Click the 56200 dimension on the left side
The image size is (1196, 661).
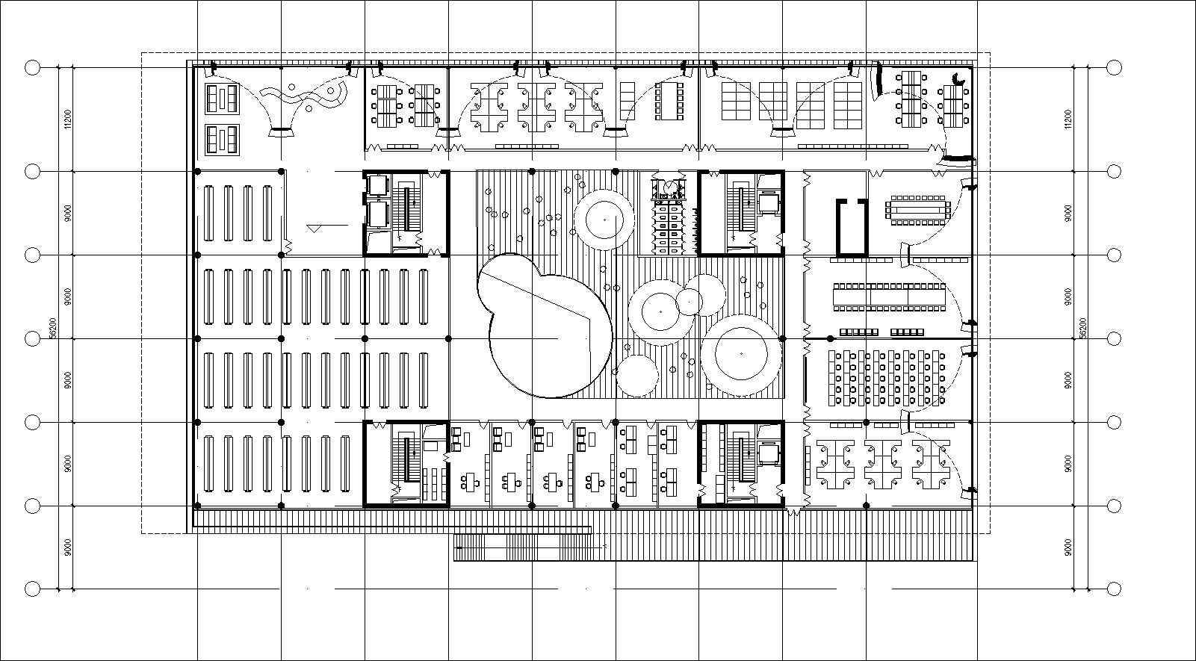[x=53, y=328]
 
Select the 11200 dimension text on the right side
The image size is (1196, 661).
[x=1068, y=120]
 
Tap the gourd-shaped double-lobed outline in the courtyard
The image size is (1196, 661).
[x=543, y=325]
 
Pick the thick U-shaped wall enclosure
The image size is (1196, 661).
[x=851, y=226]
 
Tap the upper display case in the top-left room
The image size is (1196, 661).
[x=222, y=99]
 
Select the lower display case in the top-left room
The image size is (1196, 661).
[x=222, y=139]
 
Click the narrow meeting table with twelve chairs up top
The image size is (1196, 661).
[x=668, y=101]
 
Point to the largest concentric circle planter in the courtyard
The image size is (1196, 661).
[x=741, y=354]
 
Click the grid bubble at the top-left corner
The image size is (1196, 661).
[x=32, y=68]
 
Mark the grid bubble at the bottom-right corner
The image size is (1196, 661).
[x=1114, y=589]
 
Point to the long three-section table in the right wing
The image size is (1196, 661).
[x=889, y=296]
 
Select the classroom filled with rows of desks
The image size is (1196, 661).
[x=886, y=378]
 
